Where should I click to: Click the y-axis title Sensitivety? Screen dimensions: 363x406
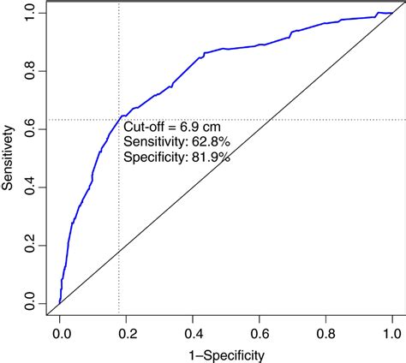tap(10, 158)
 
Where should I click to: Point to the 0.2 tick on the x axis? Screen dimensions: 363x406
tap(126, 319)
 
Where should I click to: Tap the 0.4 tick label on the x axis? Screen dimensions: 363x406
tap(192, 330)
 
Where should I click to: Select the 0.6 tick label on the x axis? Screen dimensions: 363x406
tap(259, 330)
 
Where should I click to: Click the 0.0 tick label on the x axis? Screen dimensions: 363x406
tap(59, 330)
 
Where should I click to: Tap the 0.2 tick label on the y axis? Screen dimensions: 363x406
tap(31, 245)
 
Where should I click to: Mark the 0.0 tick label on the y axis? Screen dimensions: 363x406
tap(31, 303)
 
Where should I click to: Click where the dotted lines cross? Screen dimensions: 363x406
tap(118, 120)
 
